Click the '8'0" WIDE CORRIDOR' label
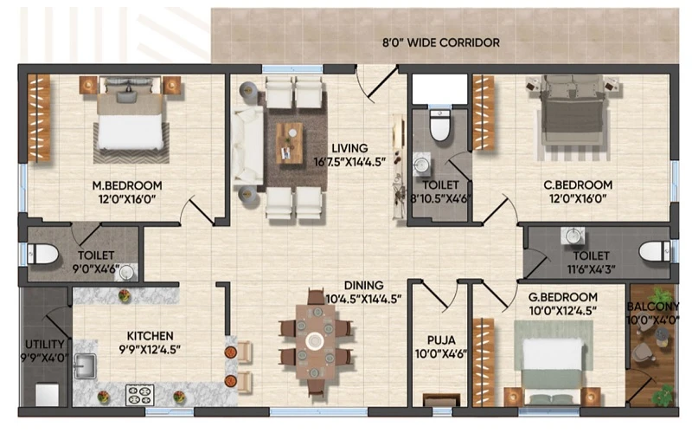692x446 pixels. pos(441,42)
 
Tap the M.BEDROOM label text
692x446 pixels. pos(127,185)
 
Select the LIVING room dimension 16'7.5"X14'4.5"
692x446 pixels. pos(350,162)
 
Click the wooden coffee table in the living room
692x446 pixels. pos(290,143)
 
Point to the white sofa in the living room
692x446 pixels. pos(248,145)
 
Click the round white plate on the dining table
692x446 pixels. pos(315,341)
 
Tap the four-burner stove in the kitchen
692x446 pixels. pos(139,395)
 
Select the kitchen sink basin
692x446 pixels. pos(85,366)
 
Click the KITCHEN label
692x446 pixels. pos(150,336)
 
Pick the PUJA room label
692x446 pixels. pos(441,340)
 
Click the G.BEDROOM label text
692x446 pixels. pos(563,297)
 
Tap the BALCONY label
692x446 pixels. pos(653,306)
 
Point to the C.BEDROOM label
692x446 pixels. pos(578,184)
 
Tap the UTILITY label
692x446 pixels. pos(45,344)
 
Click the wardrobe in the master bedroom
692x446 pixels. pos(39,118)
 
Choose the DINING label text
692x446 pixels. pos(363,285)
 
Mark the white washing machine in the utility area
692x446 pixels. pos(48,395)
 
